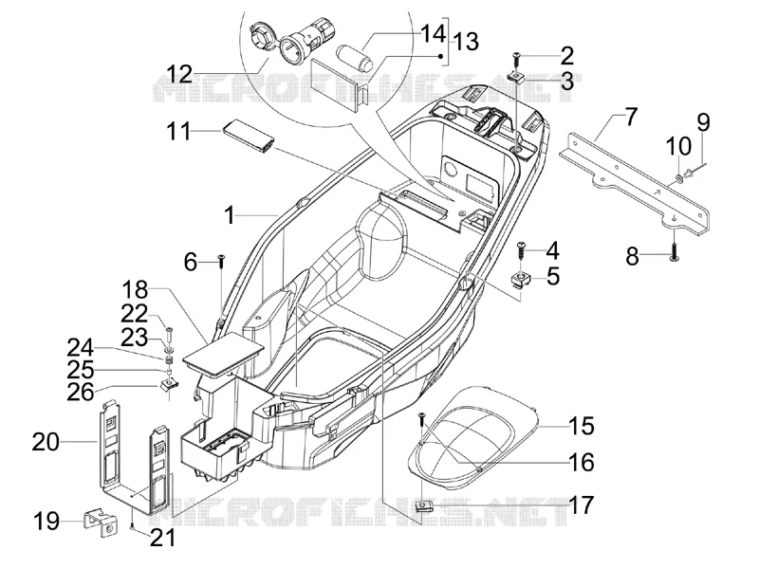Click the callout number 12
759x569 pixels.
(x=179, y=76)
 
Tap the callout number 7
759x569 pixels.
(x=631, y=117)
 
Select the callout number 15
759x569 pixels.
(x=581, y=426)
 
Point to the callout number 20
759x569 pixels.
(x=46, y=442)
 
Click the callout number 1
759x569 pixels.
(x=230, y=215)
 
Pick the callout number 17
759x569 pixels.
(x=581, y=505)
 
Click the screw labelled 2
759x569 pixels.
(x=517, y=61)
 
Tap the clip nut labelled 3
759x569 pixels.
(x=516, y=77)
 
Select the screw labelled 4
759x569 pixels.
(x=522, y=251)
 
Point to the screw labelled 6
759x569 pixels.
(x=221, y=262)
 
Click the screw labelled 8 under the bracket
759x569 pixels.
(x=674, y=251)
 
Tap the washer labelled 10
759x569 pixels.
(x=678, y=180)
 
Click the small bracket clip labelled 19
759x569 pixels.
(x=102, y=523)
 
